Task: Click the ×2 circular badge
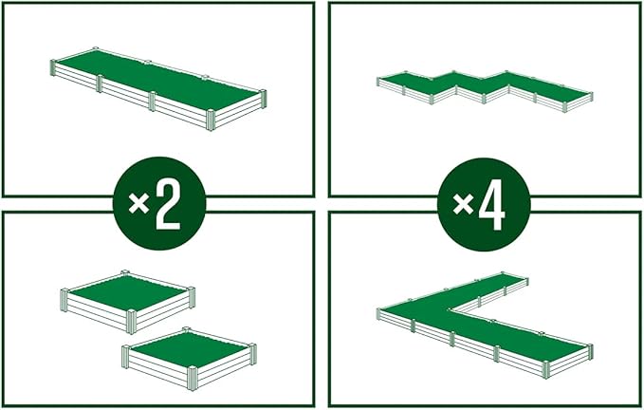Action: coord(158,203)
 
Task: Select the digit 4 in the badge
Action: coord(492,205)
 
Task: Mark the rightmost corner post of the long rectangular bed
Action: coord(263,98)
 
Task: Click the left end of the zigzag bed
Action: coord(381,79)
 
